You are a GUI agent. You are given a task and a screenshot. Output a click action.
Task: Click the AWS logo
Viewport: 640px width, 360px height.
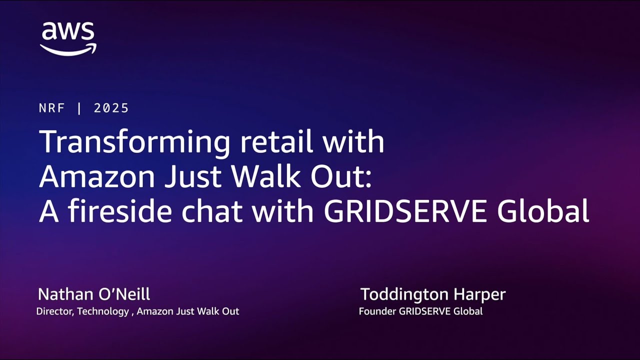coord(68,38)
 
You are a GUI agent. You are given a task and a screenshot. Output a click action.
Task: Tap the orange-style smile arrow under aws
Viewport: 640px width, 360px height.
coord(68,49)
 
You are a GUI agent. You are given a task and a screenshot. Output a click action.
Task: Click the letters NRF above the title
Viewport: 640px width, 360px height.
coord(52,108)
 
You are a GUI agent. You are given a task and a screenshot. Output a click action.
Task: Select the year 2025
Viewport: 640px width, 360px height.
coord(111,108)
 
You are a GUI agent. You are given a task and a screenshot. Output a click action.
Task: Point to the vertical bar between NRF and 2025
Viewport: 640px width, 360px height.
coord(79,108)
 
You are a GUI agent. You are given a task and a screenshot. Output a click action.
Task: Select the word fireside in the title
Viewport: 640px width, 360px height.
coord(121,211)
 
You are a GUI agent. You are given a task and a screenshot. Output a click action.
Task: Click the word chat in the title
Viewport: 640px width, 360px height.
coord(212,211)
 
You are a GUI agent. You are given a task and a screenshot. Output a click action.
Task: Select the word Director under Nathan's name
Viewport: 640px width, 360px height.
coord(55,311)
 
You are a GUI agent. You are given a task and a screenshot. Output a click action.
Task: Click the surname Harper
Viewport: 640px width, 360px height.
coord(482,294)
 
